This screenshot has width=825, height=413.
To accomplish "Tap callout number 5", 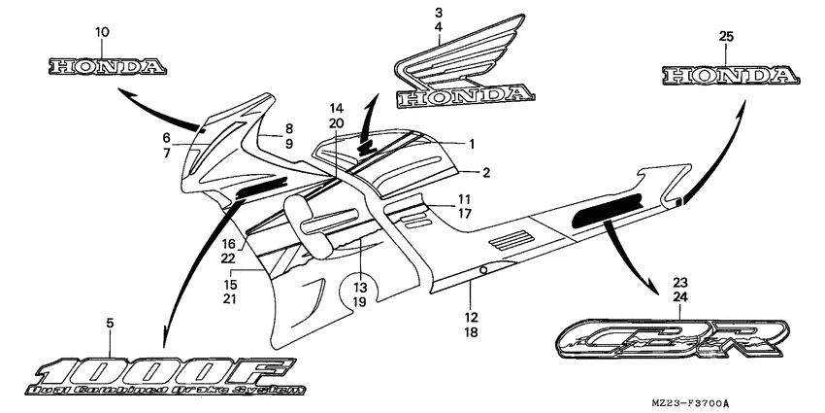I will click(x=110, y=322).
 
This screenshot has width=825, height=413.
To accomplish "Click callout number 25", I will click(x=727, y=36).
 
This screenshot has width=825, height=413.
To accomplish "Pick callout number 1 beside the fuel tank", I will click(x=472, y=143).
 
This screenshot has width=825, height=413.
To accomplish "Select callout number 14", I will click(x=336, y=107).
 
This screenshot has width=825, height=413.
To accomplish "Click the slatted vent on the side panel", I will click(x=511, y=238).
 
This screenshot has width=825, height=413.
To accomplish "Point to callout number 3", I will click(x=439, y=13).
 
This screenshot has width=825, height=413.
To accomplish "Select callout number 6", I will click(x=166, y=137).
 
